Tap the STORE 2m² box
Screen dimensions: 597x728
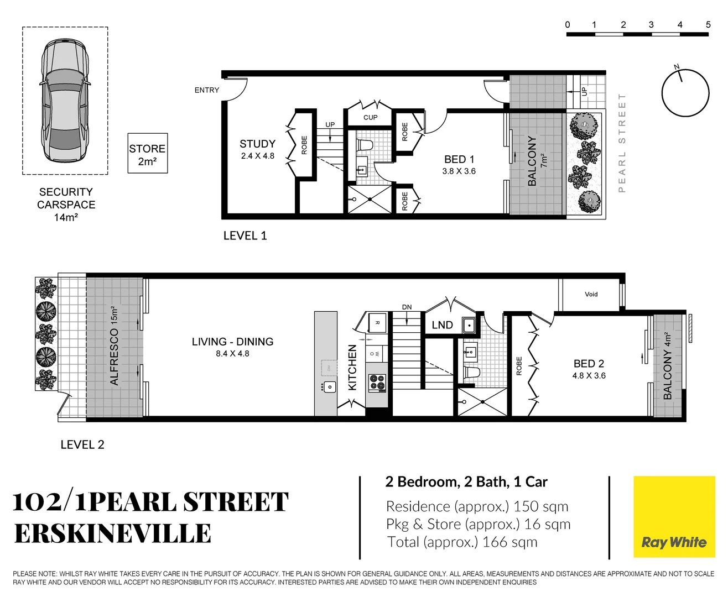tap(147, 154)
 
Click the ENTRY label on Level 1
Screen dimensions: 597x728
tap(206, 90)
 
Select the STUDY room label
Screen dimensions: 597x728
tap(257, 144)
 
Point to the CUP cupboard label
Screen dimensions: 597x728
tap(370, 118)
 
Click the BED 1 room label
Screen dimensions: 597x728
tap(459, 160)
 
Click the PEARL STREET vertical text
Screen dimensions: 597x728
tap(622, 143)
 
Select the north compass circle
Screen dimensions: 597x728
tap(685, 93)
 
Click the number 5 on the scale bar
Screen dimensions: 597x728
tap(708, 25)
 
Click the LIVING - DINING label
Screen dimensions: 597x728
tap(232, 342)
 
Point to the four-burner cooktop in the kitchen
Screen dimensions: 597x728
tap(377, 382)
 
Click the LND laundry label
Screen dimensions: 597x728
tap(442, 325)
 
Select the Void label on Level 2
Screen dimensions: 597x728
tap(591, 294)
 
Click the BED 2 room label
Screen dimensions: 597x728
tap(589, 364)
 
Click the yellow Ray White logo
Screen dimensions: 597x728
tap(673, 516)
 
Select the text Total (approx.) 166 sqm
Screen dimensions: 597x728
tap(462, 542)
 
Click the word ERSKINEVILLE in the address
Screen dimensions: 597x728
tap(113, 533)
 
